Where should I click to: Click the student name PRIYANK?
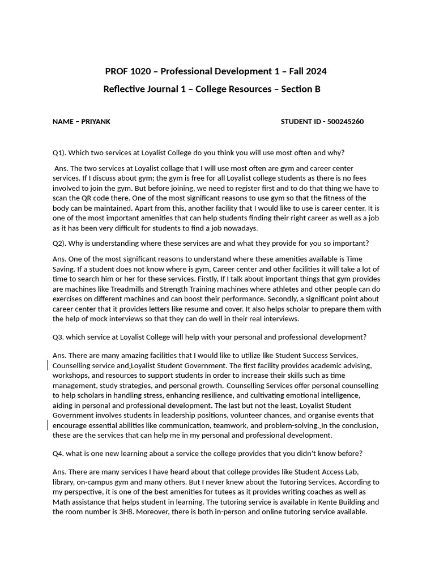pyautogui.click(x=96, y=122)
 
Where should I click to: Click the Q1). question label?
pyautogui.click(x=59, y=152)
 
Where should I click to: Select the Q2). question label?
pyautogui.click(x=59, y=243)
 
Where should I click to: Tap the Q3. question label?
pyautogui.click(x=58, y=337)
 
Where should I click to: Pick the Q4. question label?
pyautogui.click(x=58, y=453)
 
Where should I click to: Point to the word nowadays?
pyautogui.click(x=240, y=228)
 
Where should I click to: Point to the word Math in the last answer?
pyautogui.click(x=62, y=502)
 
